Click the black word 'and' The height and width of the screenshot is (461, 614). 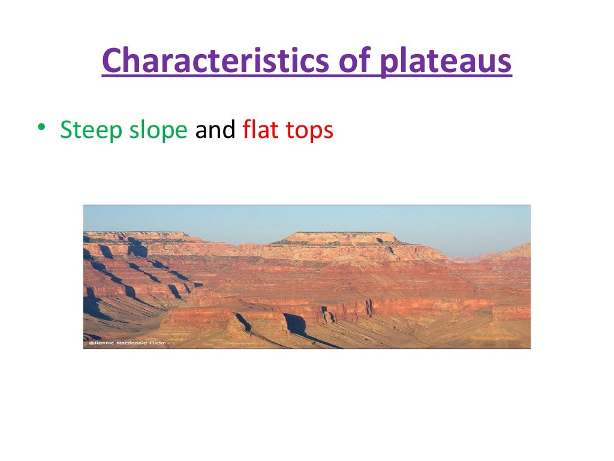(215, 130)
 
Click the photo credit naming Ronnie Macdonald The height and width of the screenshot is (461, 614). (127, 344)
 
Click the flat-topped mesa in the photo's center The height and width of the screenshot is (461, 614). (339, 238)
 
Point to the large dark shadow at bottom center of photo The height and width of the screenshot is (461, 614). (296, 325)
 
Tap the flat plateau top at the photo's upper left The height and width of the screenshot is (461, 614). (138, 235)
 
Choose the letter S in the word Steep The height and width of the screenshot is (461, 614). (65, 130)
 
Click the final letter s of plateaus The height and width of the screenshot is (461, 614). (505, 62)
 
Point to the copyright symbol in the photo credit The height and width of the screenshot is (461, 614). (91, 344)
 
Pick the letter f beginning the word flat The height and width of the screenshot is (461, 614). (246, 130)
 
